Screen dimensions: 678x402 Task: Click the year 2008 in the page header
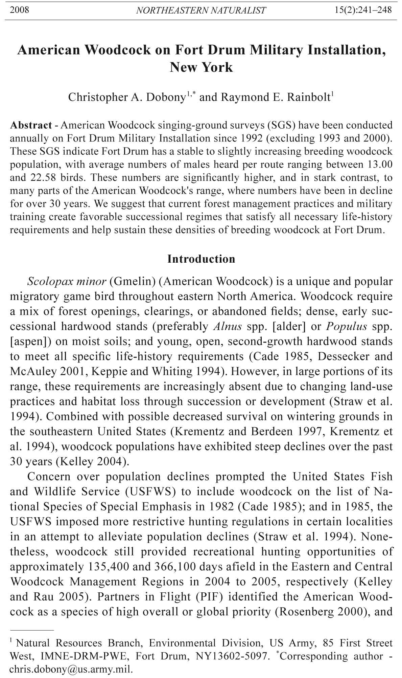19,10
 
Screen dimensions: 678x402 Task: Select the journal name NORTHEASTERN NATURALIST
201,10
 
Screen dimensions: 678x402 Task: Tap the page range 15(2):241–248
363,10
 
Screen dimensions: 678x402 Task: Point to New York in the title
201,67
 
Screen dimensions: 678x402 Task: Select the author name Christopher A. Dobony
127,97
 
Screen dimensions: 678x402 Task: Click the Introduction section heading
201,259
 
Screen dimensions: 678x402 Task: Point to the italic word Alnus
228,327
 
